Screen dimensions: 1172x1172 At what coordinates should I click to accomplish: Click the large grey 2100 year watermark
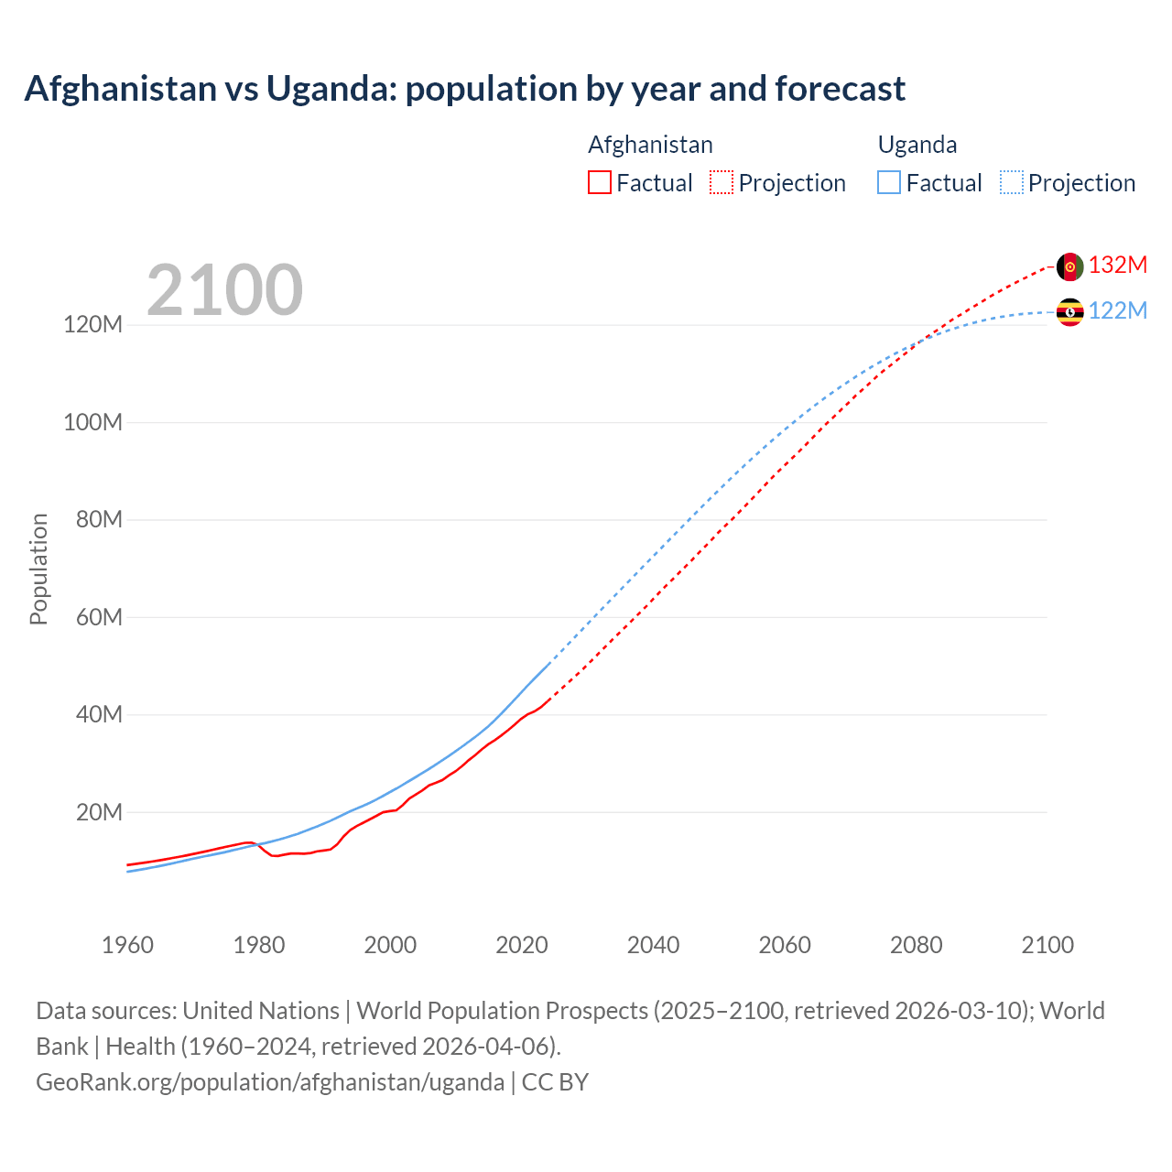[x=224, y=290]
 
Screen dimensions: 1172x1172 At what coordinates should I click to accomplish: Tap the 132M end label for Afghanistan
[x=1117, y=265]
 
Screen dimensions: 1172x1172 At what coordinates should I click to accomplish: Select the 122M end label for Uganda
[x=1117, y=310]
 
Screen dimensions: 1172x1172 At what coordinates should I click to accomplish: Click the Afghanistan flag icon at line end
[x=1069, y=266]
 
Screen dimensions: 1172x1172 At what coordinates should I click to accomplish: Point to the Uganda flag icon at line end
[x=1069, y=312]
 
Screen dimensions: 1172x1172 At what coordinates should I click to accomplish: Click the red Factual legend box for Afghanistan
[x=600, y=182]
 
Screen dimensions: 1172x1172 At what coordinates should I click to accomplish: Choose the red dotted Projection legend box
[x=722, y=182]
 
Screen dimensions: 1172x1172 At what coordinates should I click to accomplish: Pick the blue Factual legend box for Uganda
[x=889, y=182]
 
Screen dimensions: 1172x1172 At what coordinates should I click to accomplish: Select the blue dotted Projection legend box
[x=1012, y=182]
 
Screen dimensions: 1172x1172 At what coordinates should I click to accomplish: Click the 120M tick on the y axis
[x=92, y=324]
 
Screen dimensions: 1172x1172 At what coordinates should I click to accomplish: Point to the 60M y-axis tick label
[x=98, y=617]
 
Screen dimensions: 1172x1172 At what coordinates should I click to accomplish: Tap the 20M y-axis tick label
[x=98, y=812]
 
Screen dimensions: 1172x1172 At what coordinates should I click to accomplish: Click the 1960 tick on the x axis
[x=127, y=945]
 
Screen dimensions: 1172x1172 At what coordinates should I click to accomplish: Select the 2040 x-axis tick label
[x=653, y=945]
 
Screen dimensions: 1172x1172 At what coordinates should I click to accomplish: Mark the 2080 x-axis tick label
[x=916, y=945]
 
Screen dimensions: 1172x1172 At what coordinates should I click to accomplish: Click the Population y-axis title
[x=38, y=569]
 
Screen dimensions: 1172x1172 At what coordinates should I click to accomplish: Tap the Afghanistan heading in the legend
[x=650, y=145]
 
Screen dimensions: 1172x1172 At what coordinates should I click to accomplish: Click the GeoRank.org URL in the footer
[x=270, y=1081]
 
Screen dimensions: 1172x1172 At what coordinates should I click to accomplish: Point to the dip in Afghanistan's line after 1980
[x=275, y=855]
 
